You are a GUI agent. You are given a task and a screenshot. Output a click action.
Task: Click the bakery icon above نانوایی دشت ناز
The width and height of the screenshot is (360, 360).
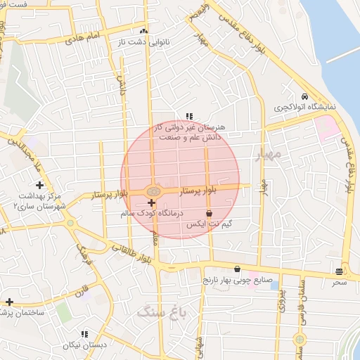click(x=144, y=31)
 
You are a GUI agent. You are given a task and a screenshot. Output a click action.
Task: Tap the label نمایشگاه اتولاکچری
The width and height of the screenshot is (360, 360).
click(x=304, y=107)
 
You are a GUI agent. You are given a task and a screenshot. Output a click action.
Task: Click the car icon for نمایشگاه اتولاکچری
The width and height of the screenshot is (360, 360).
click(x=304, y=96)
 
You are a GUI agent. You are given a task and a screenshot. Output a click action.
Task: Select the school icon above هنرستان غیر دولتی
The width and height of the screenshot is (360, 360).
click(x=188, y=116)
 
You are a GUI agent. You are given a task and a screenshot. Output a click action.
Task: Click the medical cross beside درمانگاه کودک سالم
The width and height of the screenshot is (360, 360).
click(x=151, y=202)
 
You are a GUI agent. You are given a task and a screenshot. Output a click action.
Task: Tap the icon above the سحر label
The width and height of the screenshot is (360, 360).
click(x=340, y=271)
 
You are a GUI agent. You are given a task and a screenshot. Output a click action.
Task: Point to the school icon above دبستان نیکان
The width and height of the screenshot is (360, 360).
click(x=84, y=334)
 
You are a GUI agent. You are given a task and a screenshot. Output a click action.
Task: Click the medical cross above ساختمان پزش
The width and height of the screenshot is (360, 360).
click(x=9, y=302)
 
